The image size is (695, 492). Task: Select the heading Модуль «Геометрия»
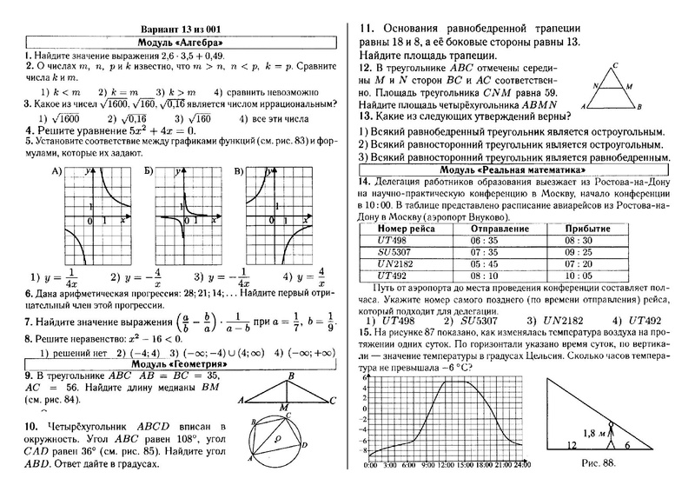[180, 363]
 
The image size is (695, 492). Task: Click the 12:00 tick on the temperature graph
[444, 467]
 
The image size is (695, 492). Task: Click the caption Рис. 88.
[596, 463]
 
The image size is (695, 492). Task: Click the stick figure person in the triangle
[612, 432]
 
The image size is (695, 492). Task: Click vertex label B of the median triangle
[292, 375]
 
